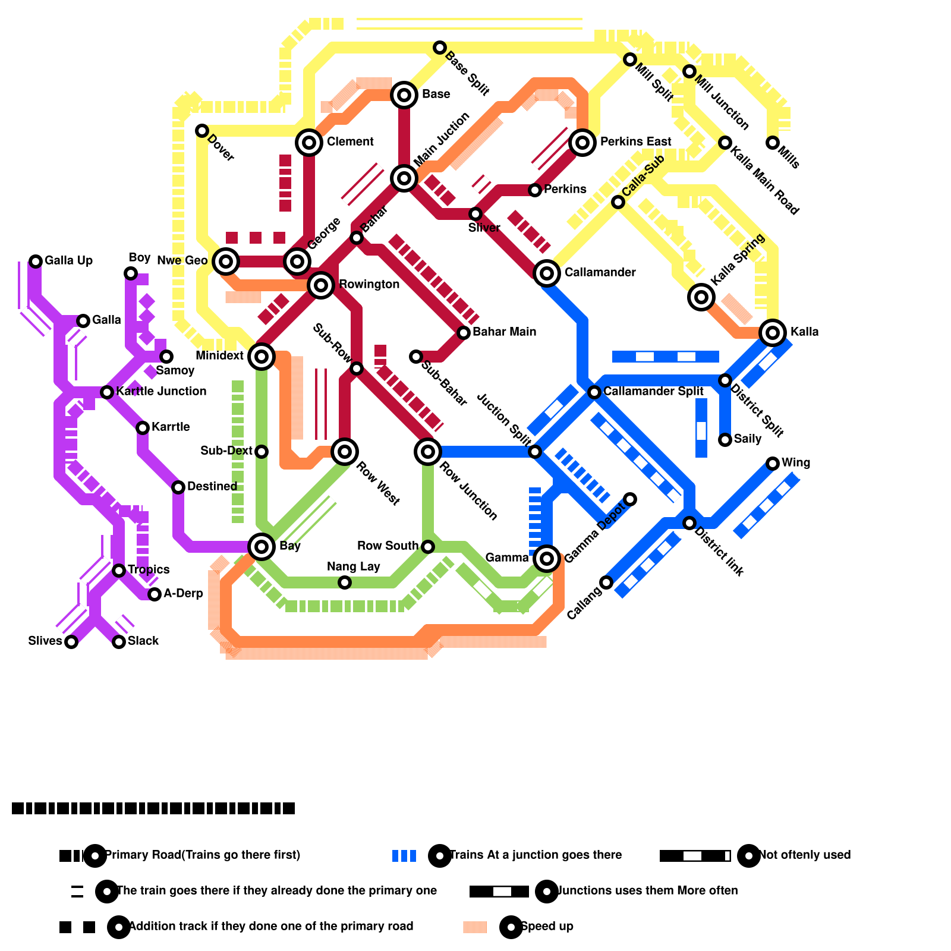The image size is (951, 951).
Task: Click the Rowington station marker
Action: click(x=321, y=285)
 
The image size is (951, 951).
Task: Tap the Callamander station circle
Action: click(x=547, y=273)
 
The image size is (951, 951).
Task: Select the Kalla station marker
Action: click(x=773, y=333)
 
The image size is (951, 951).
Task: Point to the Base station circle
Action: click(x=404, y=95)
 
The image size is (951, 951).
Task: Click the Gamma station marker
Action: click(x=547, y=559)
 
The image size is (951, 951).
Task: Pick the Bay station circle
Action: click(x=262, y=547)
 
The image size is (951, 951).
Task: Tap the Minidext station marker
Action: click(x=262, y=357)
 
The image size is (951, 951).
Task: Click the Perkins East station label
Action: click(x=635, y=141)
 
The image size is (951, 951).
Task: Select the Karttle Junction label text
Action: click(x=161, y=391)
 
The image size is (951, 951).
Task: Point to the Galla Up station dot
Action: click(x=36, y=262)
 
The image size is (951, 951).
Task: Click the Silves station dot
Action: click(x=71, y=642)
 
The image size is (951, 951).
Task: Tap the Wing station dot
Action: click(x=773, y=464)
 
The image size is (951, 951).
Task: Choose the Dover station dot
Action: click(x=202, y=131)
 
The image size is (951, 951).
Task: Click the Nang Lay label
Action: click(x=353, y=566)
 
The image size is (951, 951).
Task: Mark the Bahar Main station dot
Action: click(x=464, y=333)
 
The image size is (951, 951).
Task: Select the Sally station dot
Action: click(x=725, y=440)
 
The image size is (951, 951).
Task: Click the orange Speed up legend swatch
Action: click(x=475, y=927)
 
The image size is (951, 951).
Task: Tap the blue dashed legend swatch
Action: click(x=404, y=856)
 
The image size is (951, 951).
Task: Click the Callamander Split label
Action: click(x=653, y=391)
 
